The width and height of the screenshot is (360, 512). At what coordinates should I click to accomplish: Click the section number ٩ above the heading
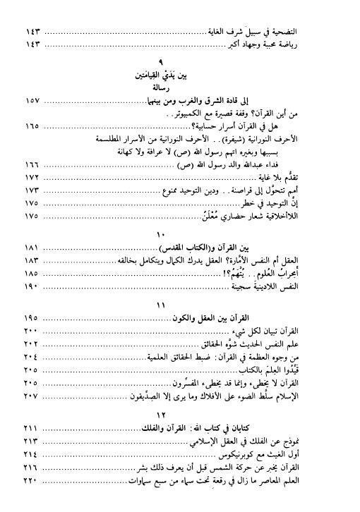181,62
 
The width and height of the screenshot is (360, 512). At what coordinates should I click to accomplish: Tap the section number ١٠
181,233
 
